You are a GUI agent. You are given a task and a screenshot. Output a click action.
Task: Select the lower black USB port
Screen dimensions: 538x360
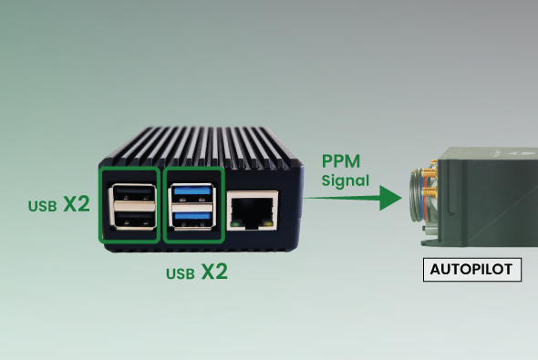point(133,219)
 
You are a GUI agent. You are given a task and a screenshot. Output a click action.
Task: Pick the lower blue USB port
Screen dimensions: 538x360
point(192,220)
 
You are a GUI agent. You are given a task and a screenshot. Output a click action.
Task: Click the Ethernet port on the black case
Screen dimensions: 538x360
point(253,211)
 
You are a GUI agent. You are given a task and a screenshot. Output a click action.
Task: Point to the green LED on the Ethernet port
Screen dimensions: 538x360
point(235,224)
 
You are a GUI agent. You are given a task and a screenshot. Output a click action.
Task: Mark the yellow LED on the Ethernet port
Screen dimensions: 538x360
point(269,224)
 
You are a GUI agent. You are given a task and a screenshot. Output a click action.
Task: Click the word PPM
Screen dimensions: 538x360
point(341,161)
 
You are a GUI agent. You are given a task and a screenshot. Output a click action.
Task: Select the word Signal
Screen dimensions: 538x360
point(346,180)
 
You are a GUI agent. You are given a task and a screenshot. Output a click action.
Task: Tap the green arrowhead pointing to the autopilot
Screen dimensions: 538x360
point(390,198)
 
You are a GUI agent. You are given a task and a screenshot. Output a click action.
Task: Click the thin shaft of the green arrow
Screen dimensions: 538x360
point(342,198)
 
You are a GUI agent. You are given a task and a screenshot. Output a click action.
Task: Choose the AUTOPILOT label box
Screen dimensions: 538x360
point(472,270)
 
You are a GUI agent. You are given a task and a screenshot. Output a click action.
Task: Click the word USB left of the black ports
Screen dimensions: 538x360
point(43,206)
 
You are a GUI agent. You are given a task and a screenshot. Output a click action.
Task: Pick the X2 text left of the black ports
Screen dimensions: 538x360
point(77,204)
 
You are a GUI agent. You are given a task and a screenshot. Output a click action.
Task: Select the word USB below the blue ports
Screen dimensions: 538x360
point(181,274)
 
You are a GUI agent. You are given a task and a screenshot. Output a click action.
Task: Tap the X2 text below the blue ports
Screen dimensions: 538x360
point(214,272)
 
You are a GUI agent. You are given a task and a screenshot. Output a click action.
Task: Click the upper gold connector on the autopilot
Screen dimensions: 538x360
point(429,173)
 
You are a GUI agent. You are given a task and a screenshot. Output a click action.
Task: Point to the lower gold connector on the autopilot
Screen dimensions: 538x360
point(429,192)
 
